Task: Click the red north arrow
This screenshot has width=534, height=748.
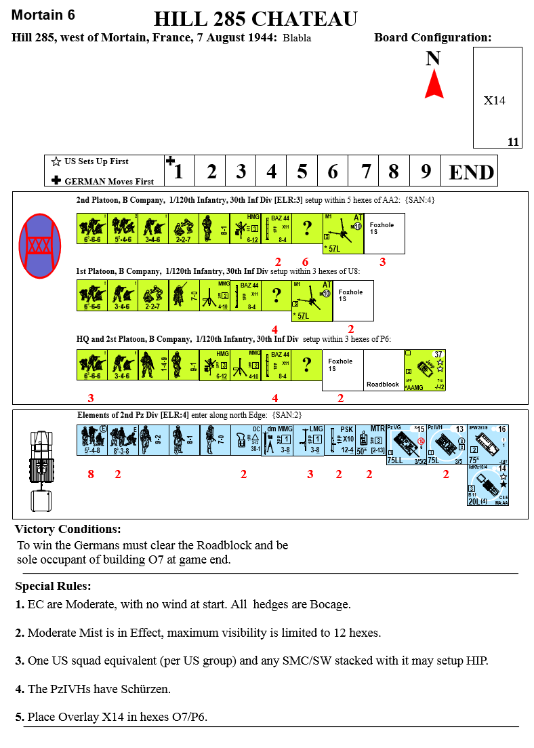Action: click(434, 86)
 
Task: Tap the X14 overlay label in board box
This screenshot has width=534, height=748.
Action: click(495, 100)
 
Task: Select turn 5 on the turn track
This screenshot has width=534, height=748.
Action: click(302, 171)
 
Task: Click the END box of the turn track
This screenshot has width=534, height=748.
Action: click(472, 171)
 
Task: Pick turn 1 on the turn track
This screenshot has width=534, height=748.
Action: click(178, 171)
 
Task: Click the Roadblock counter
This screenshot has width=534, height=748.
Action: click(383, 370)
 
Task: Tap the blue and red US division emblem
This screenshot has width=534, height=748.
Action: click(40, 245)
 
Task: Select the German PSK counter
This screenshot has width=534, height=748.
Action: click(340, 439)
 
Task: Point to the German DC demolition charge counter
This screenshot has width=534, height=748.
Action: click(247, 439)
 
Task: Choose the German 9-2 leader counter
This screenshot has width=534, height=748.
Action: click(155, 439)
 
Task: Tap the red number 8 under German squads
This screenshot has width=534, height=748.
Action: click(91, 475)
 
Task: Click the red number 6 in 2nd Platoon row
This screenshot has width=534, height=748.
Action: click(305, 262)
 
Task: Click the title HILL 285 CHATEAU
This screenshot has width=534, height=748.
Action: click(255, 19)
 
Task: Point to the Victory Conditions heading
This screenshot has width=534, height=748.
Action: click(68, 530)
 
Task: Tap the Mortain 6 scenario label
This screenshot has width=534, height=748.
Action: click(43, 15)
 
